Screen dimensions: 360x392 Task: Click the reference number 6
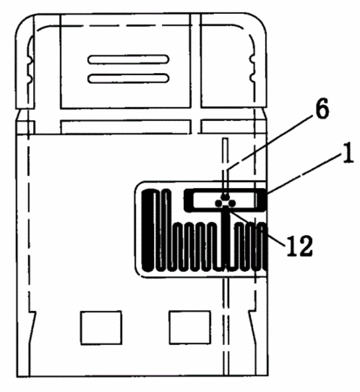pos(322,109)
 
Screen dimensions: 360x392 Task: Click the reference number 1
pos(349,152)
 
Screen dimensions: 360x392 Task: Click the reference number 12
pos(300,246)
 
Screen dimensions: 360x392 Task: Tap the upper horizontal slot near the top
pos(128,59)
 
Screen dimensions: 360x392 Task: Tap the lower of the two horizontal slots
pos(128,78)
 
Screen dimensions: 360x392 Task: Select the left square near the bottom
pos(101,328)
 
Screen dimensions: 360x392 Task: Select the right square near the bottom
pos(190,328)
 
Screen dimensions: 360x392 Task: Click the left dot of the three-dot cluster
pos(218,204)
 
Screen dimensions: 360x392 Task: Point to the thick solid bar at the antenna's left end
pos(147,230)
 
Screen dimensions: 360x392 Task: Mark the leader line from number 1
pos(304,173)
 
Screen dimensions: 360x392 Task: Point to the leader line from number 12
pos(255,225)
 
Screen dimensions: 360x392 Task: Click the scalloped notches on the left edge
pos(29,69)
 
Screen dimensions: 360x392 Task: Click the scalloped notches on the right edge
pos(252,69)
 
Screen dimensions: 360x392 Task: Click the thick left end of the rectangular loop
pos(188,200)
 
